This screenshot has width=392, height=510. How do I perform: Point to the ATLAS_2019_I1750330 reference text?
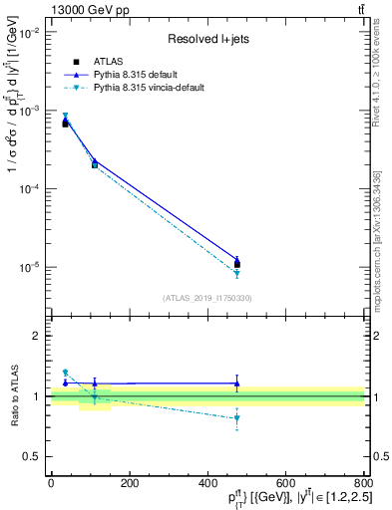coord(207,298)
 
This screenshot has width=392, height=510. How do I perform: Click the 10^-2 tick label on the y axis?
coord(29,33)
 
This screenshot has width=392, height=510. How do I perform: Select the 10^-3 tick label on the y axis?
coord(29,111)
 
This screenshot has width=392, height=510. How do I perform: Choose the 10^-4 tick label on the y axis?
coord(29,189)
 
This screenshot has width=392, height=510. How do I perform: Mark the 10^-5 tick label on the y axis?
coord(29,267)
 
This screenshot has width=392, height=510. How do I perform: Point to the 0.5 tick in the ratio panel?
coord(32,456)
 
